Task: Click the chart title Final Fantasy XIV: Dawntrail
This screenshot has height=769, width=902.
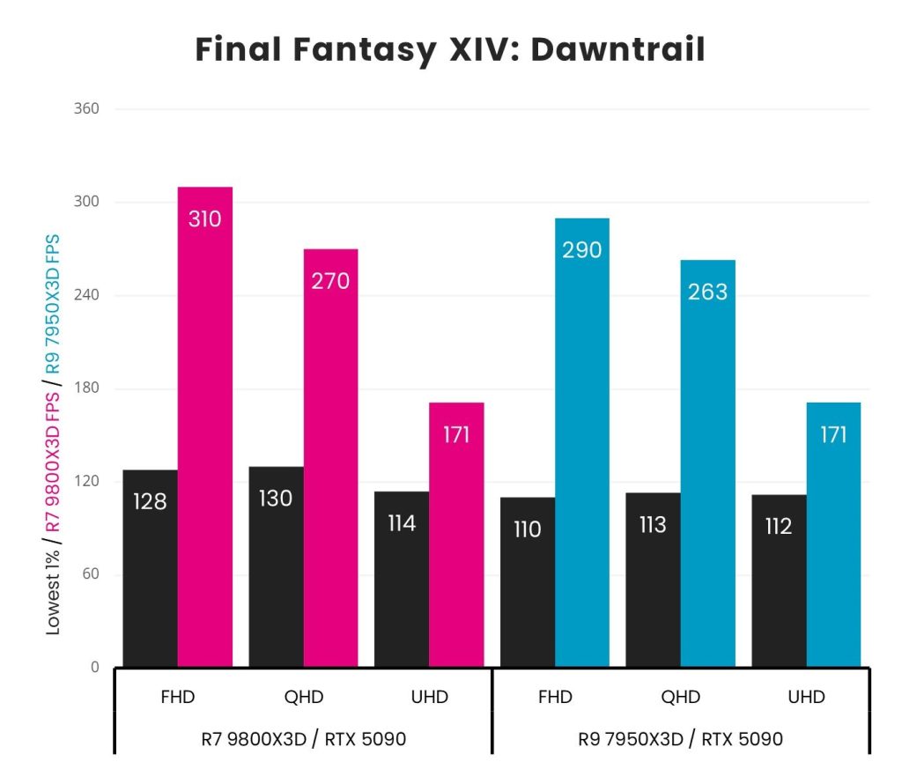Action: [x=450, y=50]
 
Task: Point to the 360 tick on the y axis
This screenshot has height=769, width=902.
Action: [x=86, y=109]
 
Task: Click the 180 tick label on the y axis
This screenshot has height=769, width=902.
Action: [x=86, y=388]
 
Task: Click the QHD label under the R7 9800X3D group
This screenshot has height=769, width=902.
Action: [x=304, y=698]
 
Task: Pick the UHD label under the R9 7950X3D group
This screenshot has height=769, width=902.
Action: [x=806, y=698]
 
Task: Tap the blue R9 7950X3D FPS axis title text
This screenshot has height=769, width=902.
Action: [x=54, y=304]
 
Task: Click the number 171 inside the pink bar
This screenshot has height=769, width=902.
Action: [x=456, y=435]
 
